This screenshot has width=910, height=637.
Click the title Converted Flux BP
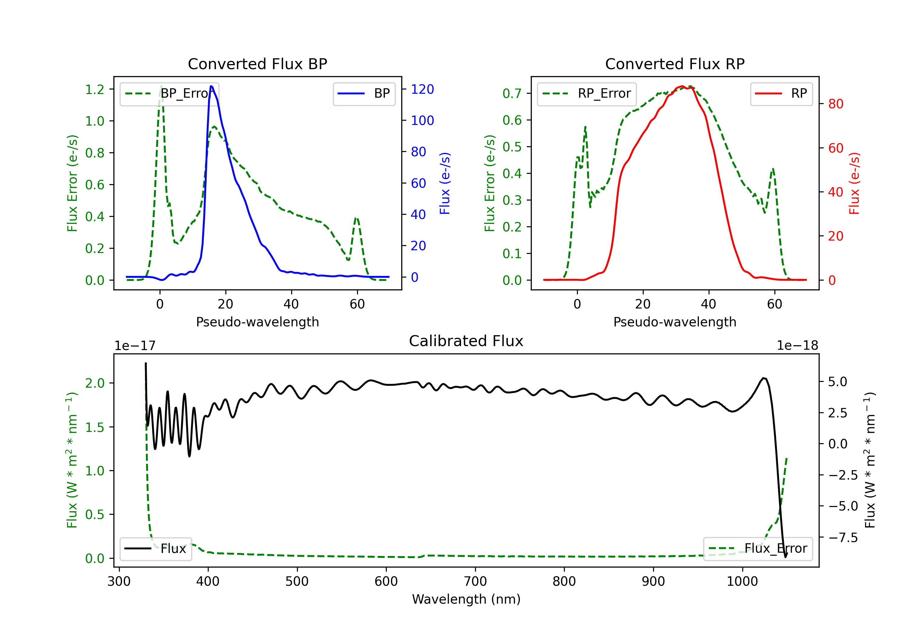(257, 64)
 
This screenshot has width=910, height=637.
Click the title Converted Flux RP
(675, 64)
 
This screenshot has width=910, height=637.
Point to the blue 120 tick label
(422, 89)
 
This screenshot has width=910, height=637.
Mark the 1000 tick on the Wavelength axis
(742, 581)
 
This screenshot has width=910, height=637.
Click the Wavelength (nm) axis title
(466, 599)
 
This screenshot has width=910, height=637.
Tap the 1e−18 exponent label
(797, 346)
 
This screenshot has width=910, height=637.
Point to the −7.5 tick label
(843, 538)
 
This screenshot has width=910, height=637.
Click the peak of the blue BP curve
(211, 86)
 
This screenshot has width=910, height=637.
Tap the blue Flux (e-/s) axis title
(445, 183)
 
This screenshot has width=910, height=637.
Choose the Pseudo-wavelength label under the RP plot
(675, 322)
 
